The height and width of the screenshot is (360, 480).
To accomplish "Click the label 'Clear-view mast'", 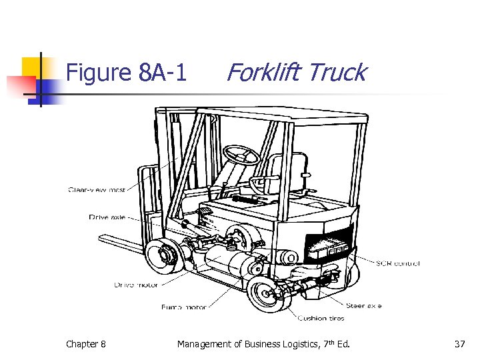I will coord(97,189).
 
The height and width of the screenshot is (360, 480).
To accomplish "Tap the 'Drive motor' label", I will coord(137,285).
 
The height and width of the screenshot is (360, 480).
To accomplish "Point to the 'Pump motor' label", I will coord(184,307).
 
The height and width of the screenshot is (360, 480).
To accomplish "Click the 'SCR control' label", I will coord(398,263).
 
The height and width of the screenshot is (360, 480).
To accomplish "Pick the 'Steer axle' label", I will coord(364,305).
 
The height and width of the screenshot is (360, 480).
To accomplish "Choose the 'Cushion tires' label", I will coord(321,318).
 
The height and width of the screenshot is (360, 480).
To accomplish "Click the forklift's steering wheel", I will coord(241,155).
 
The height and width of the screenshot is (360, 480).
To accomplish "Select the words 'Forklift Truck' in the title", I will coord(296,72).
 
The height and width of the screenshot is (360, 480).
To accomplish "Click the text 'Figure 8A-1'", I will coord(127,72).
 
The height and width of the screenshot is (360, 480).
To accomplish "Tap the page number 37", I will coord(459,344).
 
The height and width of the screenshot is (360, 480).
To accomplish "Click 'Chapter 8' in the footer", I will coord(85,344).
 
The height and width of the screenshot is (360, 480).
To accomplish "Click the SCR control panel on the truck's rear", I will coord(329,249).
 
